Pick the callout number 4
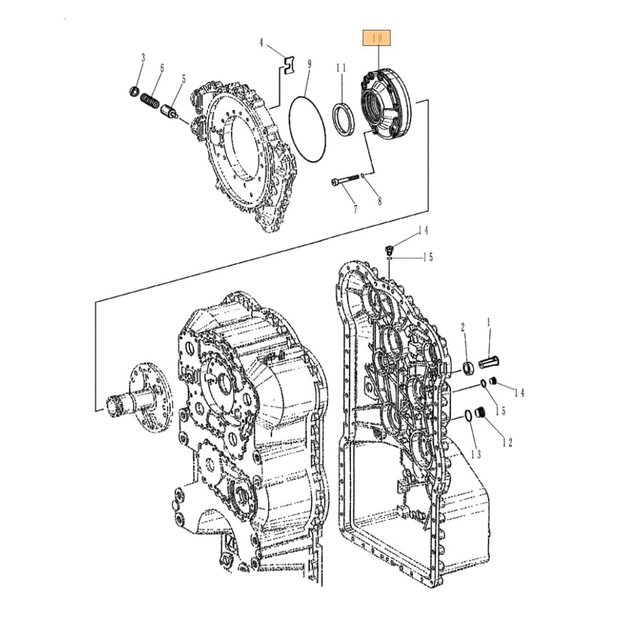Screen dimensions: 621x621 (x=261, y=42)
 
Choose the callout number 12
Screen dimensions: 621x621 (x=507, y=442)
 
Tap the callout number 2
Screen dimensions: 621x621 (x=463, y=327)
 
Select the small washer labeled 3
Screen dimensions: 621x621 (x=134, y=92)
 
